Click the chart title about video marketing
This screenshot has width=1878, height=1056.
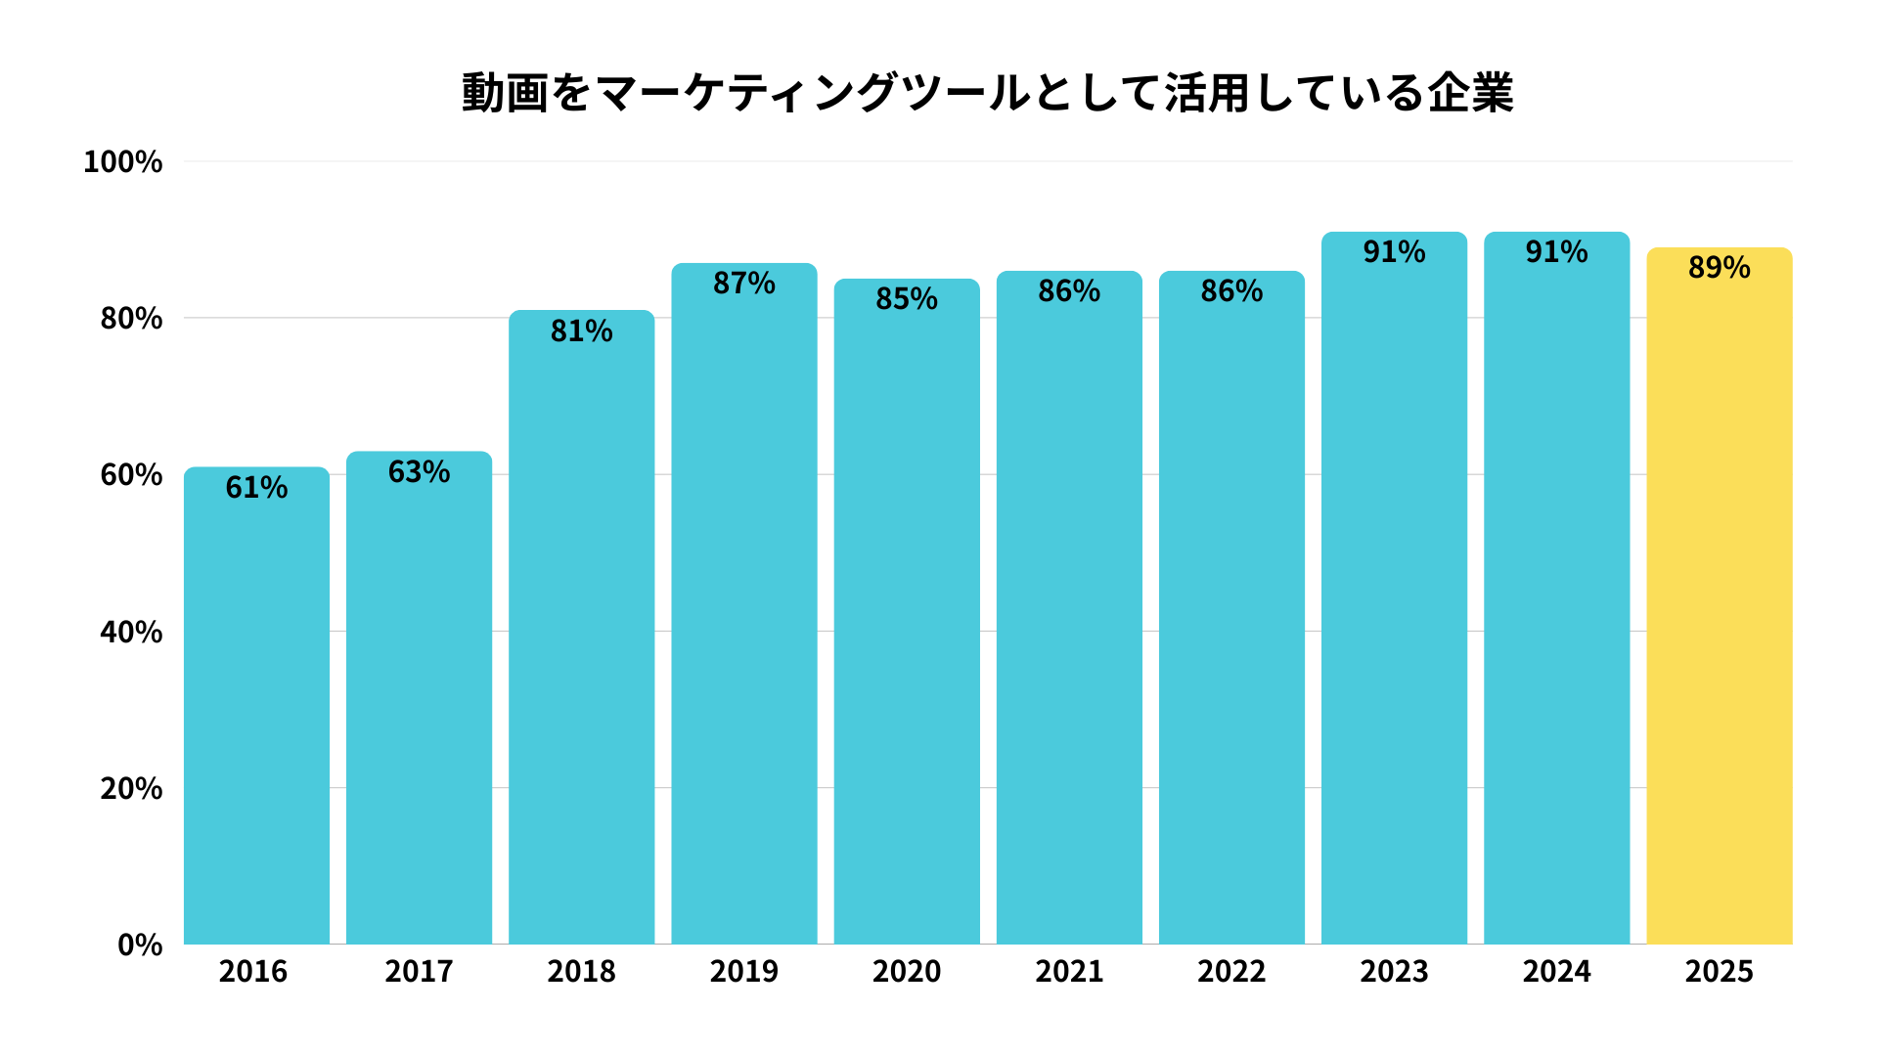click(x=987, y=94)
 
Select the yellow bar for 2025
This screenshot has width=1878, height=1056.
click(x=1719, y=606)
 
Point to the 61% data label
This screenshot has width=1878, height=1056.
click(x=256, y=487)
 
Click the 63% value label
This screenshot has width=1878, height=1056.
click(x=419, y=471)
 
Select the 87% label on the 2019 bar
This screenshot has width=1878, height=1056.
click(x=743, y=284)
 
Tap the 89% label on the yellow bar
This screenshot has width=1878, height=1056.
click(x=1719, y=268)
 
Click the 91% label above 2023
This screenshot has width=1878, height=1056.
click(x=1394, y=252)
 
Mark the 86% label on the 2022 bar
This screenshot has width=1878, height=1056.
click(x=1231, y=291)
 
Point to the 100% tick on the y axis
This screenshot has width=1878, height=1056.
click(x=122, y=161)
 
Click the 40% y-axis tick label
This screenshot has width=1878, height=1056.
click(x=131, y=632)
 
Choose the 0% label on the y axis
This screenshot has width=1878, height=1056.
click(x=140, y=945)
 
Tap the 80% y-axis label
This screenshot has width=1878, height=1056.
click(x=131, y=318)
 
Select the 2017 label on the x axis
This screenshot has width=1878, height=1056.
click(x=419, y=971)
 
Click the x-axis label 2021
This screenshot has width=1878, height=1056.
click(x=1069, y=971)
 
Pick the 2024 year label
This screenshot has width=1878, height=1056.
click(x=1556, y=971)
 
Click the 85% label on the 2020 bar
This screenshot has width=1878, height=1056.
click(x=906, y=299)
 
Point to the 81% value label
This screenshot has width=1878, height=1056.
click(x=581, y=330)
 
